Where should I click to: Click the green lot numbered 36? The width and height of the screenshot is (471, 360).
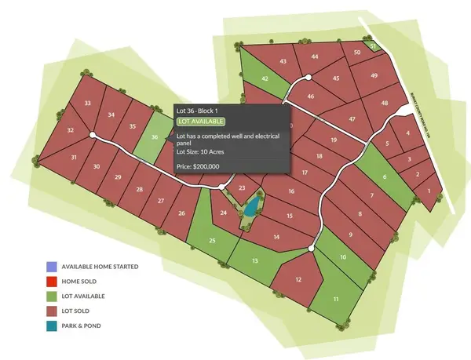[x=155, y=137]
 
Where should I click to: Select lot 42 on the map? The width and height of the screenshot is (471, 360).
[x=265, y=78]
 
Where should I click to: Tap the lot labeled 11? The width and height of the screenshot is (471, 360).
[x=336, y=300]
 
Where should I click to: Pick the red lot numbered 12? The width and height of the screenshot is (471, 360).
[x=298, y=280]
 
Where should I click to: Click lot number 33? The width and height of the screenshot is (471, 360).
[x=87, y=104]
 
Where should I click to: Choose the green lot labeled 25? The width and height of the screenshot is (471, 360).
[x=212, y=240]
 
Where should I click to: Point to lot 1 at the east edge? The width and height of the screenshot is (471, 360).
[x=428, y=190]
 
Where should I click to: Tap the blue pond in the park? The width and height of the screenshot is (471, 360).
[x=250, y=209]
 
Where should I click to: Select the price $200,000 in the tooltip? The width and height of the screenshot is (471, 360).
[x=198, y=166]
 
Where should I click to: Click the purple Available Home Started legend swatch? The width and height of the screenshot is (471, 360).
[x=51, y=267]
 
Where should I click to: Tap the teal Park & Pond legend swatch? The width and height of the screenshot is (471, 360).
[x=51, y=325]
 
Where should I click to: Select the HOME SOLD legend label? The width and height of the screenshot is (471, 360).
[x=83, y=282]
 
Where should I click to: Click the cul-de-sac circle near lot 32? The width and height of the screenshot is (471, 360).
[x=93, y=135]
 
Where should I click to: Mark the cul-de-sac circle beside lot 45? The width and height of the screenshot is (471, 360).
[x=309, y=77]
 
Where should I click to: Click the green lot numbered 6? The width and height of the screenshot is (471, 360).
[x=385, y=177]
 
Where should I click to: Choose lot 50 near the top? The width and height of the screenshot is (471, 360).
[x=357, y=53]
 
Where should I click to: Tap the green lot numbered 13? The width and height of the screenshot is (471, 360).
[x=254, y=260]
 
